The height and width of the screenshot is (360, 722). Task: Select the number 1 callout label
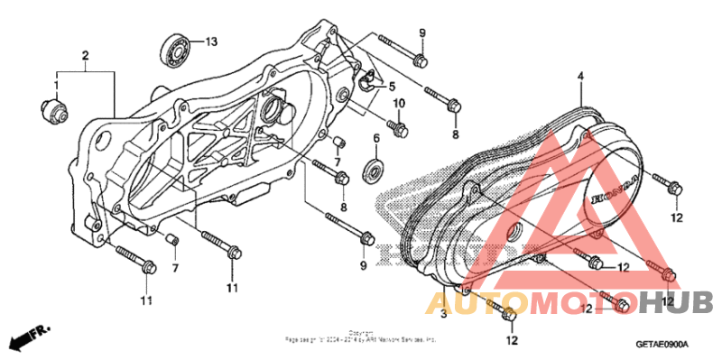(55, 85)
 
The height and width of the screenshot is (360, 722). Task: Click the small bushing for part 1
(54, 108)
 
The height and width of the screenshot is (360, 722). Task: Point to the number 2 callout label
(86, 56)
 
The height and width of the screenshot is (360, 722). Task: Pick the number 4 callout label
(581, 78)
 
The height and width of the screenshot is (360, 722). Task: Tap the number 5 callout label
(393, 87)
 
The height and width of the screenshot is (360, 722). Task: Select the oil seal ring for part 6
(372, 171)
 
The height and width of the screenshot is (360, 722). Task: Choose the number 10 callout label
(396, 105)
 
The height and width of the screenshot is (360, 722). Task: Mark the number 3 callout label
(443, 313)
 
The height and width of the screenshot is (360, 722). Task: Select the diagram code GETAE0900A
(662, 345)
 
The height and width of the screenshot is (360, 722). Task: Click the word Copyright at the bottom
(362, 332)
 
